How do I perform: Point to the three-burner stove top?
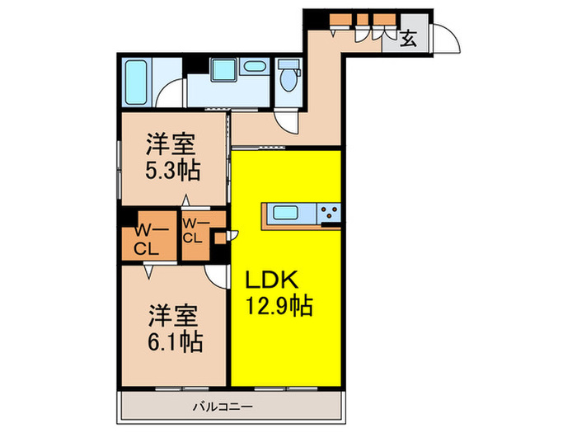tap(330, 214)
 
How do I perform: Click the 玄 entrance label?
tap(408, 37)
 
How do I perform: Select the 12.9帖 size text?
tap(279, 308)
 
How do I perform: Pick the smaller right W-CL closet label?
tap(194, 230)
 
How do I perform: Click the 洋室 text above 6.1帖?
tap(173, 313)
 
